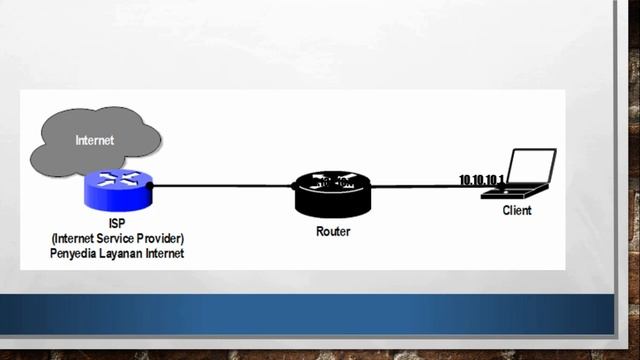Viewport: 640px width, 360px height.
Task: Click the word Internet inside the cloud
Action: point(95,141)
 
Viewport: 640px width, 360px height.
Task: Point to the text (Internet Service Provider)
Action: point(118,240)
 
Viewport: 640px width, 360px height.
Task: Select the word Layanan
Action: point(124,254)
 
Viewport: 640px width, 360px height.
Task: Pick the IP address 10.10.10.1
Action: point(482,180)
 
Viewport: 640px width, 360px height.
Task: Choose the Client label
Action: point(517,211)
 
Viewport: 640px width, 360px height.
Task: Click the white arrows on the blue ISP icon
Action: point(117,179)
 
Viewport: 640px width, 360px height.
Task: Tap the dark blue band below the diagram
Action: point(320,314)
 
